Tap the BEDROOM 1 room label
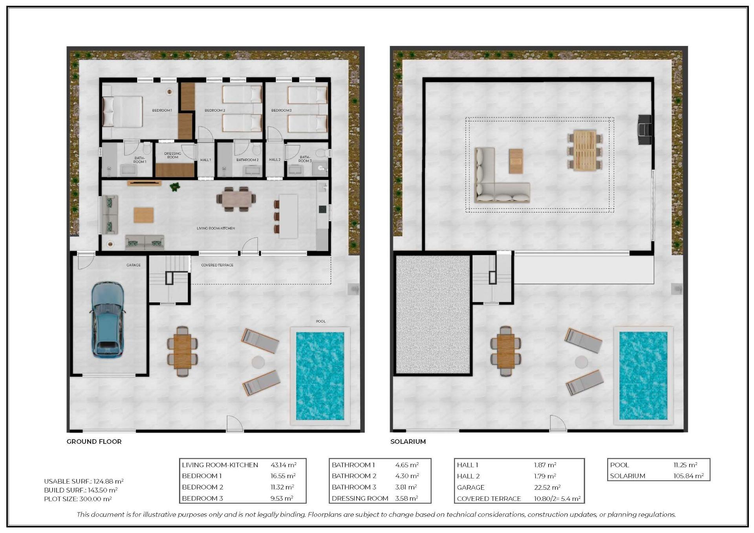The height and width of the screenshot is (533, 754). coord(162,110)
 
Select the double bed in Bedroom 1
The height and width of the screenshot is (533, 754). coord(122,112)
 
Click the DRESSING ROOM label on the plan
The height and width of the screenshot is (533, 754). coord(173,155)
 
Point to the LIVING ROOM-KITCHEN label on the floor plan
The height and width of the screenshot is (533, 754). coord(216,228)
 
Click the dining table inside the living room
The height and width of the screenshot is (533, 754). coord(236,199)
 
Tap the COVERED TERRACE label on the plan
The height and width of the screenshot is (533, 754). coord(217,265)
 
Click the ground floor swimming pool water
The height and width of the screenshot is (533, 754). coord(320,375)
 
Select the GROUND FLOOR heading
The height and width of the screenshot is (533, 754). coord(94,441)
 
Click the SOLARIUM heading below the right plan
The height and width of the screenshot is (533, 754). coord(408,441)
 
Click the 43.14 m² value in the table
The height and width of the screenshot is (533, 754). coord(283,465)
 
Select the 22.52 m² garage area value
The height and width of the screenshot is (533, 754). coord(547,487)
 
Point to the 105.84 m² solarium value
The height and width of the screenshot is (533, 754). coord(688,476)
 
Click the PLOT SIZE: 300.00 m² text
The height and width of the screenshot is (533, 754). coord(78,499)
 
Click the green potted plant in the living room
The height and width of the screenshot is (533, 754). coord(175,187)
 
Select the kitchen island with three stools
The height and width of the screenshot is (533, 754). coord(288,216)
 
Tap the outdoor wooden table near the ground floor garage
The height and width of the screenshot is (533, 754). coord(183,351)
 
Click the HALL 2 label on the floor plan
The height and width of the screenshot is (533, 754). coord(275,160)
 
